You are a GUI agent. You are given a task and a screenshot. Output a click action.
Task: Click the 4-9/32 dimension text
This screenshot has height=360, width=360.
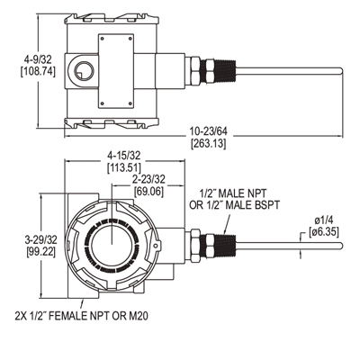pos(38,59)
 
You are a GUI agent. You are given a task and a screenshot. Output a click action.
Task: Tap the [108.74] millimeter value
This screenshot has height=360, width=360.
pos(38,72)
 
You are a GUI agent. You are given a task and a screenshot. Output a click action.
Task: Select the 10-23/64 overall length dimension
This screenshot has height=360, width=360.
pos(209,131)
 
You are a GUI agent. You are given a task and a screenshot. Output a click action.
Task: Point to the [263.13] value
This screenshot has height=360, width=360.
pos(209,143)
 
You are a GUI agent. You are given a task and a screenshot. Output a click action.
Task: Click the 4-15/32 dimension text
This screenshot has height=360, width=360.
pos(124,156)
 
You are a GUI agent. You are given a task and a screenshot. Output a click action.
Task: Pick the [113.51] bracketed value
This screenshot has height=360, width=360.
pos(124,167)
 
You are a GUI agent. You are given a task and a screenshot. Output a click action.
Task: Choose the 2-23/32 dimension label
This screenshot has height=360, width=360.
pos(149,179)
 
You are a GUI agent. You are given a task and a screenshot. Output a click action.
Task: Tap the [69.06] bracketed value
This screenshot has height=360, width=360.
pos(149,192)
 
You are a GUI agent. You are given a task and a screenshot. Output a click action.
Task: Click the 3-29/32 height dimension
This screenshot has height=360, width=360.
pos(40,239)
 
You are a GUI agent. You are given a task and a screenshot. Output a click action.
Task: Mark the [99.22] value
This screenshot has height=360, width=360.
pos(40,251)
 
